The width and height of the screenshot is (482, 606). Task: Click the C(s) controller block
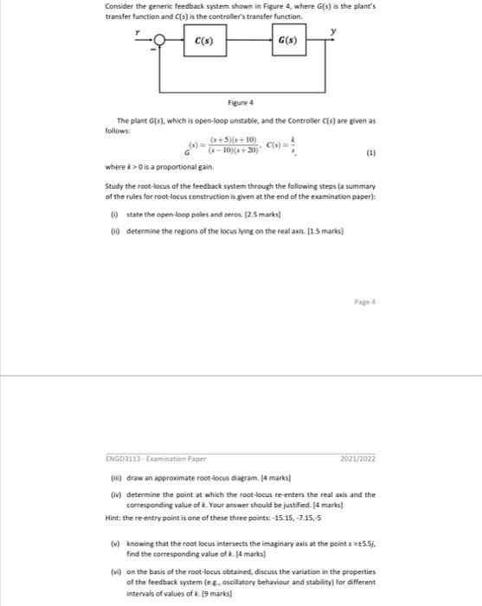point(204,41)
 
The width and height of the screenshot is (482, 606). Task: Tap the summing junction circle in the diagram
point(158,41)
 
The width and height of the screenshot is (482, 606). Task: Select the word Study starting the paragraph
point(115,184)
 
